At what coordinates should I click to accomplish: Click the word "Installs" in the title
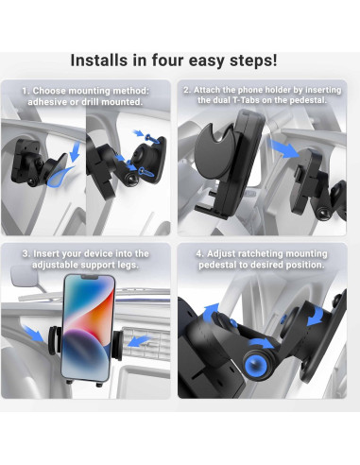(x=104, y=60)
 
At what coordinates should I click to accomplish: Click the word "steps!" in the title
(x=260, y=60)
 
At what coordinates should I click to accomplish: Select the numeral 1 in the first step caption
(x=26, y=90)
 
